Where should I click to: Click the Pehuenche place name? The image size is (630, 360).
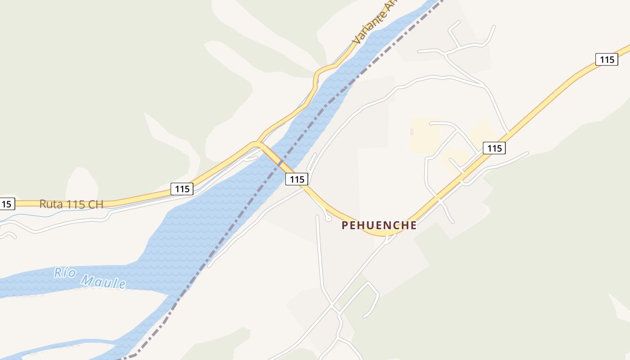(379, 225)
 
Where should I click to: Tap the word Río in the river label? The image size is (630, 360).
(63, 273)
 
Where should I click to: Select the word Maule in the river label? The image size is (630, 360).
(103, 281)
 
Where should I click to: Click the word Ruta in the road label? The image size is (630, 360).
(49, 204)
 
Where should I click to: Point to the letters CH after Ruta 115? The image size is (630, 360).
(96, 204)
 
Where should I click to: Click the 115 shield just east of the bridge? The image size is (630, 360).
(297, 179)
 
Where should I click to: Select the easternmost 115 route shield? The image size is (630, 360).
(607, 59)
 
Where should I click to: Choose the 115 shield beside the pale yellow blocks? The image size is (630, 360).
(494, 148)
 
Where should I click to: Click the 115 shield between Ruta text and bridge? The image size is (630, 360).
(182, 189)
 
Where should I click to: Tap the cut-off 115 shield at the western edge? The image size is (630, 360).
(6, 204)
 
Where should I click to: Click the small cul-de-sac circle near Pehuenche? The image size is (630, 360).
(328, 219)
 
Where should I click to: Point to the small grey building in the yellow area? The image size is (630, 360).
(412, 131)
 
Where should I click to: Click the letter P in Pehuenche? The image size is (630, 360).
(345, 225)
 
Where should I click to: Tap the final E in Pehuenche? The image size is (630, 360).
(413, 225)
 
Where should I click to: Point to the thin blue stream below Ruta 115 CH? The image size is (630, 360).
(54, 215)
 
